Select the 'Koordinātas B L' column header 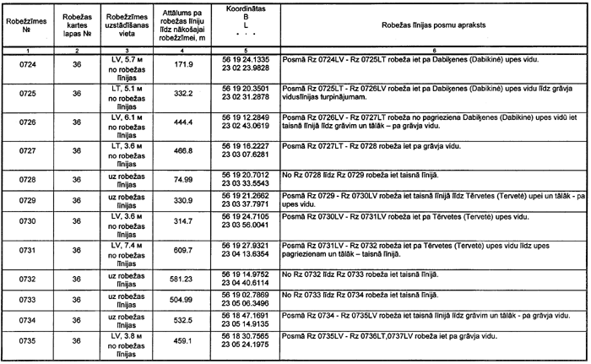[245, 25]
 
